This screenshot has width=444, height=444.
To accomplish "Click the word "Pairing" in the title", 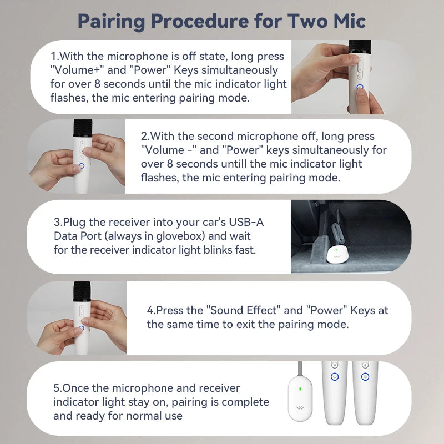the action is (x=112, y=22).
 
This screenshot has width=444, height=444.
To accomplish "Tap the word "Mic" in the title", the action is (x=350, y=21).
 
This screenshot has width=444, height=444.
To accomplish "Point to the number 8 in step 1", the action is (x=98, y=84).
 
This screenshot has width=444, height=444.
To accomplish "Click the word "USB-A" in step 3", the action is (x=246, y=222).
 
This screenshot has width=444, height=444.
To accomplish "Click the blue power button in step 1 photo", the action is (x=360, y=88).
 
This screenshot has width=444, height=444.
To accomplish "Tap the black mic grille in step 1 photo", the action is (x=360, y=46).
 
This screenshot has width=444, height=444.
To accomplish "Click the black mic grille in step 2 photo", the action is (x=83, y=128).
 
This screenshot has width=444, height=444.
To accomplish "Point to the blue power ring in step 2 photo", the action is (x=82, y=166).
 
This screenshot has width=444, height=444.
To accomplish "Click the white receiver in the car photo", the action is (x=336, y=254).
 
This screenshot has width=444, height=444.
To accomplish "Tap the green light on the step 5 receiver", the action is (x=300, y=389).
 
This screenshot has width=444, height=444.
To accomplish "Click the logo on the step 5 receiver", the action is (x=300, y=408).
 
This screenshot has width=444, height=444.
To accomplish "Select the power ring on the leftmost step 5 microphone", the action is (x=335, y=377).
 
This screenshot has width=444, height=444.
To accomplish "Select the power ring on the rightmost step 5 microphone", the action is (x=365, y=377).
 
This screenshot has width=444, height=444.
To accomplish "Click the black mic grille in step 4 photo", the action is (x=82, y=291).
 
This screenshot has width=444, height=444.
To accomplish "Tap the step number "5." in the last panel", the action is (x=58, y=388).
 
